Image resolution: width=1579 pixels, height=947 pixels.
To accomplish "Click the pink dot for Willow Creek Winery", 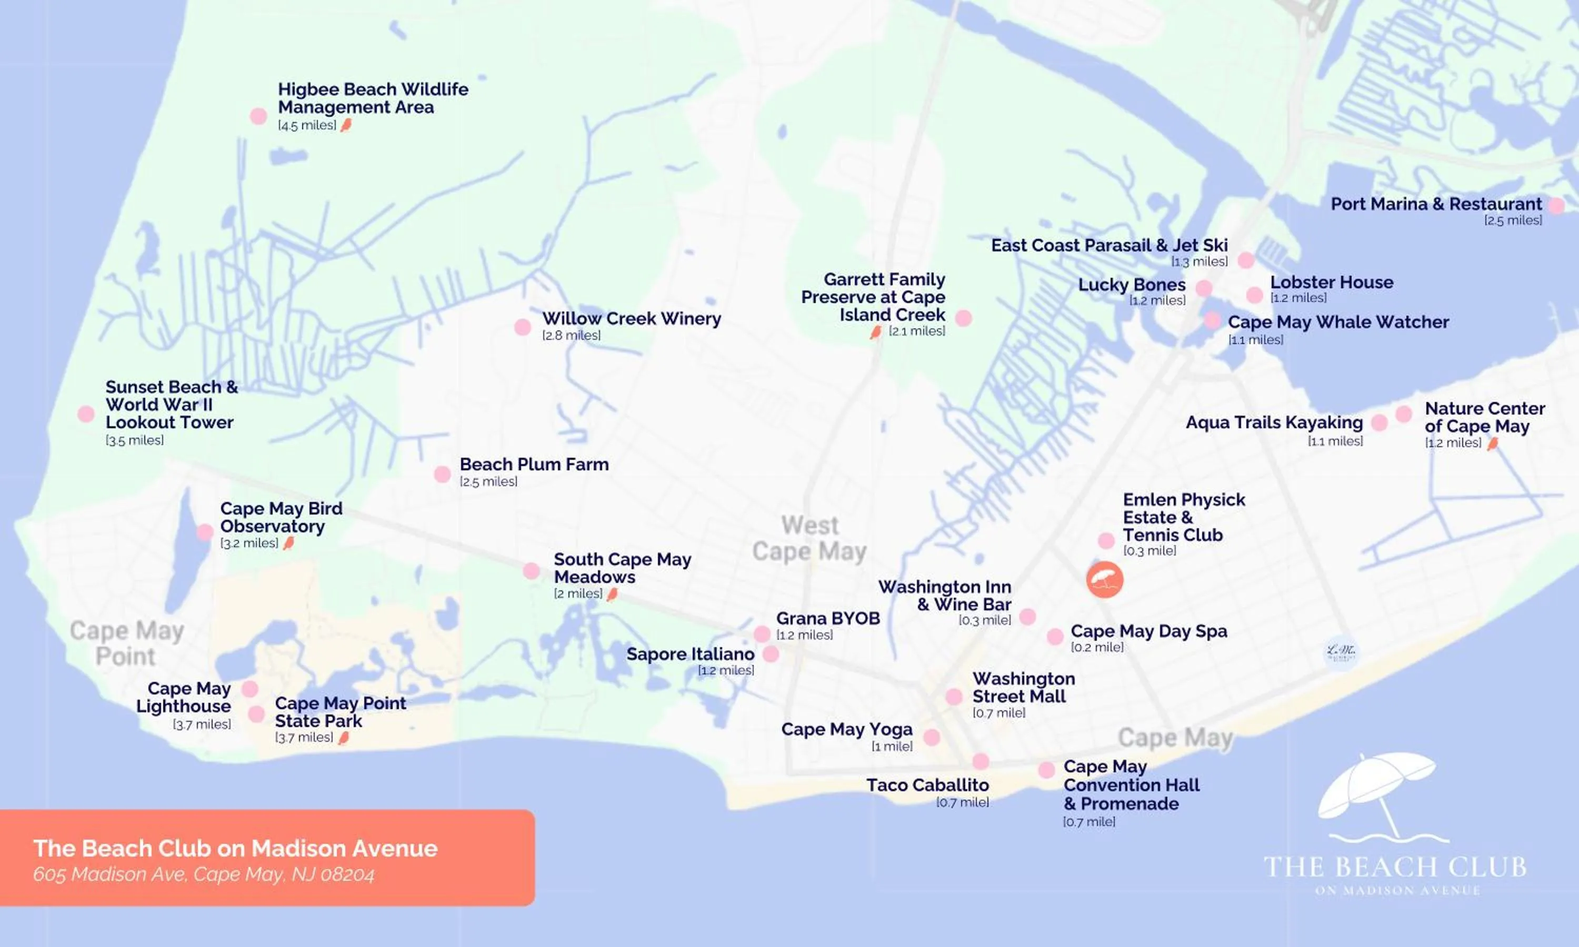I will [522, 327].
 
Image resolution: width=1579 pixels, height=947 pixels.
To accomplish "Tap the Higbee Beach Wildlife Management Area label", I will [373, 98].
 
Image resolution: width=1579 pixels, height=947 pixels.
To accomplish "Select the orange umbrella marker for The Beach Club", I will [1104, 579].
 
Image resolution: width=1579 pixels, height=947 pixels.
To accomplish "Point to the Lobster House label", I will [1332, 282].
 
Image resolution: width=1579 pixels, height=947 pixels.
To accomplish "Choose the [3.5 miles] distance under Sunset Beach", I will [135, 440].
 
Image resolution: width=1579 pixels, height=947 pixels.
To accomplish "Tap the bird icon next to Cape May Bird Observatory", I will [288, 543].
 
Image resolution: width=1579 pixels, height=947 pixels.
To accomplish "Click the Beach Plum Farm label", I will [534, 464].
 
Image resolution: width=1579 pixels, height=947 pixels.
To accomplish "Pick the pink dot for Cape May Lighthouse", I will [250, 689].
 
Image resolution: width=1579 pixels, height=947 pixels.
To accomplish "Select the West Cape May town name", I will [810, 538].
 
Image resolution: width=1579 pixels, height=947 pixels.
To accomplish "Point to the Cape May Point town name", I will [126, 643].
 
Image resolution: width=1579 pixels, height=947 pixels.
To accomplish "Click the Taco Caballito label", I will [927, 785].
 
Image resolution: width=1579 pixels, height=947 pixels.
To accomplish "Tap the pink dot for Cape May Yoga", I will [931, 737].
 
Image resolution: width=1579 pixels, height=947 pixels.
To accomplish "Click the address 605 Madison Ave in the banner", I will [204, 874].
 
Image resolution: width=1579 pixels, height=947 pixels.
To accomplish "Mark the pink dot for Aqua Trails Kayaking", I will [1378, 422].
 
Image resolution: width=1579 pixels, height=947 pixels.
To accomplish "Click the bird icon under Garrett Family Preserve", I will [876, 332].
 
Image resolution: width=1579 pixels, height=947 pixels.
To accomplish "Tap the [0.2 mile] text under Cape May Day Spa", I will [1096, 647].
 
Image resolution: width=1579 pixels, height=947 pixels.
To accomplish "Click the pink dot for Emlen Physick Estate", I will [1105, 540].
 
